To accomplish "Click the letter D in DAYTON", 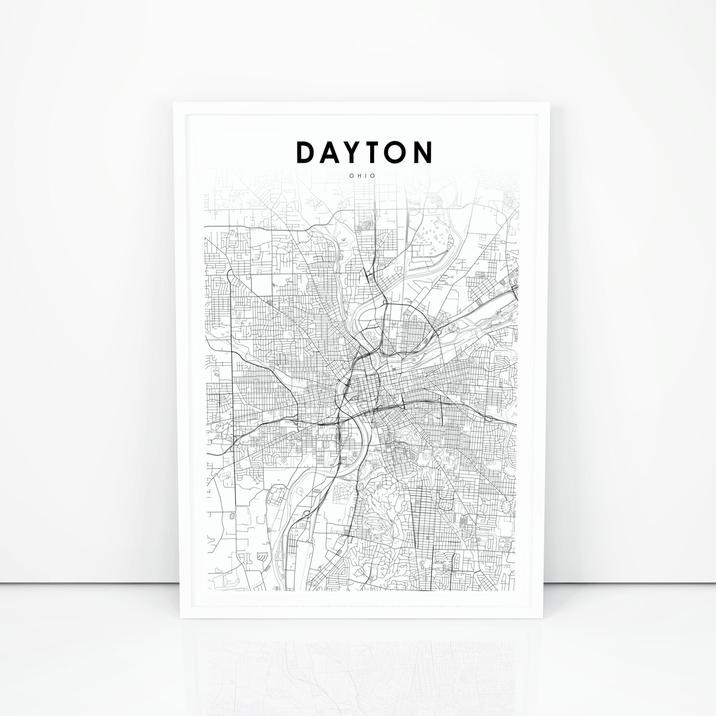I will coord(307,152).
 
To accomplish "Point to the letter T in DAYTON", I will coord(379,152).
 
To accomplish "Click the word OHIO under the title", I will coord(362,176).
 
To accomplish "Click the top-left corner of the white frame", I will coord(174,102).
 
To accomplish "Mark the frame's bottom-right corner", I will coord(544,617).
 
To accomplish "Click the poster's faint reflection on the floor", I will coord(361,663).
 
